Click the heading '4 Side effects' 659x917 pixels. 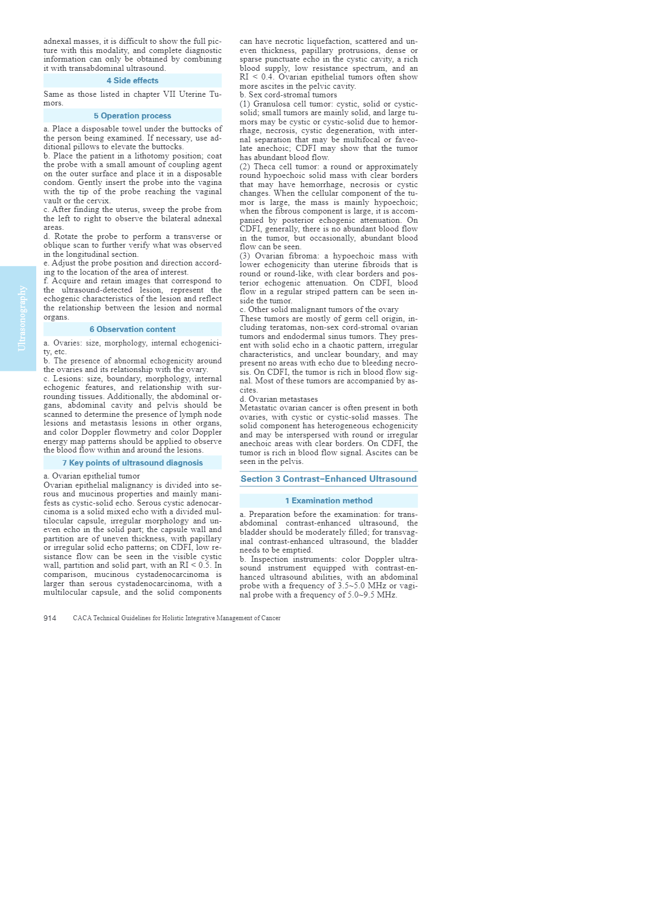133,81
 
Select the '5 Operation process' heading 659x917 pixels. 133,116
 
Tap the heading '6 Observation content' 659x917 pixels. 133,329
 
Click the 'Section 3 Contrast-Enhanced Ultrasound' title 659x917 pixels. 328,479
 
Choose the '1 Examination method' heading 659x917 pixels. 328,501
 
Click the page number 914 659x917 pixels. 50,618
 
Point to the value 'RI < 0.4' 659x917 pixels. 256,77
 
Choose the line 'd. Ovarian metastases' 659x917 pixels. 279,399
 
